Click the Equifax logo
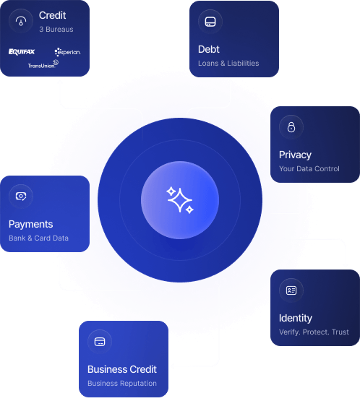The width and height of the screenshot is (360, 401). [22, 51]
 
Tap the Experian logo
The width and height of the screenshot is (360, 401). [67, 52]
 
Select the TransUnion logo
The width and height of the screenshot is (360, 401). [43, 64]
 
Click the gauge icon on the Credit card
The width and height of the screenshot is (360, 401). [21, 21]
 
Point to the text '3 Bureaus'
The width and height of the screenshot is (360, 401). [56, 29]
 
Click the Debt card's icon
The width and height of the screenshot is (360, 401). [210, 22]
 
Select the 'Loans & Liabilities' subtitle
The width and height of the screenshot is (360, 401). [228, 63]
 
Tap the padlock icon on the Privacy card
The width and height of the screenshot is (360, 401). [291, 127]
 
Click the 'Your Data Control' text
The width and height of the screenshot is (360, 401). [309, 169]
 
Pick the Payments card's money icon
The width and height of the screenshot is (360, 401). [21, 196]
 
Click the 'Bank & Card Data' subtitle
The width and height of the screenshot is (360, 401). [38, 238]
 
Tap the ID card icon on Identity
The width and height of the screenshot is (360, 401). [291, 290]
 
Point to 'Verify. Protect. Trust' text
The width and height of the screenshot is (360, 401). [314, 332]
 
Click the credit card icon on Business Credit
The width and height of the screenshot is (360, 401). [100, 342]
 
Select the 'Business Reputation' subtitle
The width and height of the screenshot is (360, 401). [122, 384]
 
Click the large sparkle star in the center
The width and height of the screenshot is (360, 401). [180, 200]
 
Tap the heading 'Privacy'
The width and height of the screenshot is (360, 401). [295, 155]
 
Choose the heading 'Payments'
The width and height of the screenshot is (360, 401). [30, 224]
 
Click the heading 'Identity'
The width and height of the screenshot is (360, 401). [296, 318]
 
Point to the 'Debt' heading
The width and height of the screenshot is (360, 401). [209, 49]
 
